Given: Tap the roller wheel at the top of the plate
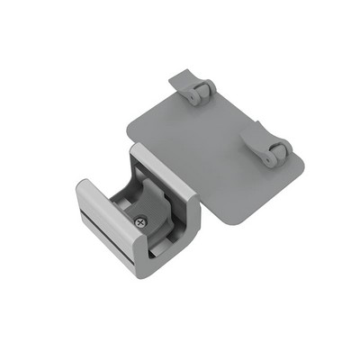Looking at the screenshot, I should pos(203,90).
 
